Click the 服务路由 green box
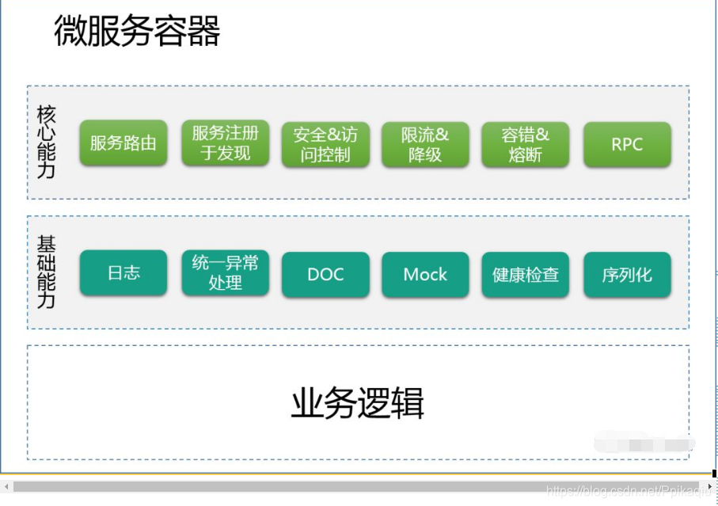123,143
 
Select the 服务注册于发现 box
225,143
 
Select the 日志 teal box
123,273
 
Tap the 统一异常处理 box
225,273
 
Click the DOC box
325,275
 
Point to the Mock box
425,275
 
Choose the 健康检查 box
525,275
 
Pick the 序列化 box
627,275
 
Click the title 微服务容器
137,32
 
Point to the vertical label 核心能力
47,143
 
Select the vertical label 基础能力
47,272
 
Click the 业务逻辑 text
358,403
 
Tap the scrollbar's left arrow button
6,485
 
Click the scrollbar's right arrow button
709,485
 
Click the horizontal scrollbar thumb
356,485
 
